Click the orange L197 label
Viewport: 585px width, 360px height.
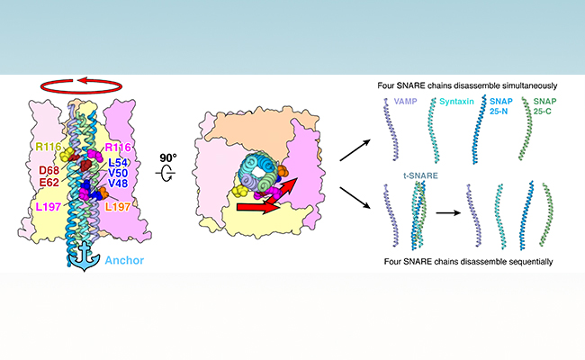(120, 208)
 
